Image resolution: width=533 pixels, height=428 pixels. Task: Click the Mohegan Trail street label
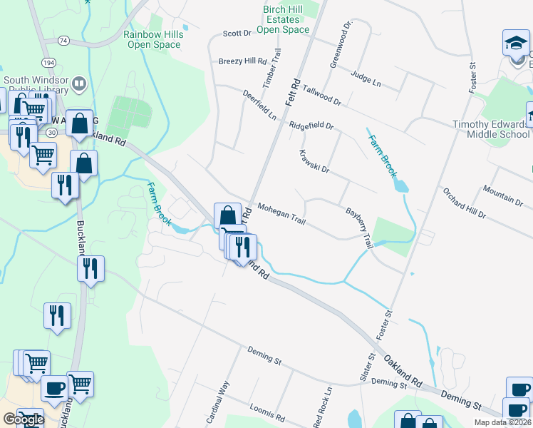(x=281, y=215)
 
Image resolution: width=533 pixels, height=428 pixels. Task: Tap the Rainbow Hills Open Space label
(x=152, y=39)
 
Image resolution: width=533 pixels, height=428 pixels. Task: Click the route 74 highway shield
(x=64, y=41)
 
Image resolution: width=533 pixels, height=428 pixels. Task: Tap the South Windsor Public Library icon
(x=79, y=85)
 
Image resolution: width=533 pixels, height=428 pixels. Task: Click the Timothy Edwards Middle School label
(x=492, y=129)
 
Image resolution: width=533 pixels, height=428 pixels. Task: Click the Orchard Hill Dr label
(x=464, y=203)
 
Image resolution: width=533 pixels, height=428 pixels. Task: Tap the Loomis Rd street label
(x=267, y=411)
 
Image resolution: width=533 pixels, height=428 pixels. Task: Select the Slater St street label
(x=371, y=367)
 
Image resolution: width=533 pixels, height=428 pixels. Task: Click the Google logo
(x=23, y=419)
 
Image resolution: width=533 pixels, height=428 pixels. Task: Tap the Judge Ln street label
(x=366, y=78)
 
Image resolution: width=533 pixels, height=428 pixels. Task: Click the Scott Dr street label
(x=237, y=33)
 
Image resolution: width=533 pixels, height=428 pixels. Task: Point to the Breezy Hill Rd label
(x=242, y=61)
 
